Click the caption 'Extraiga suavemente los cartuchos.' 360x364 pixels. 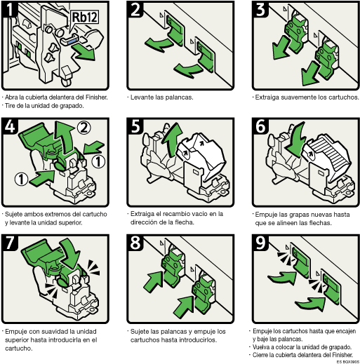pyautogui.click(x=306, y=97)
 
